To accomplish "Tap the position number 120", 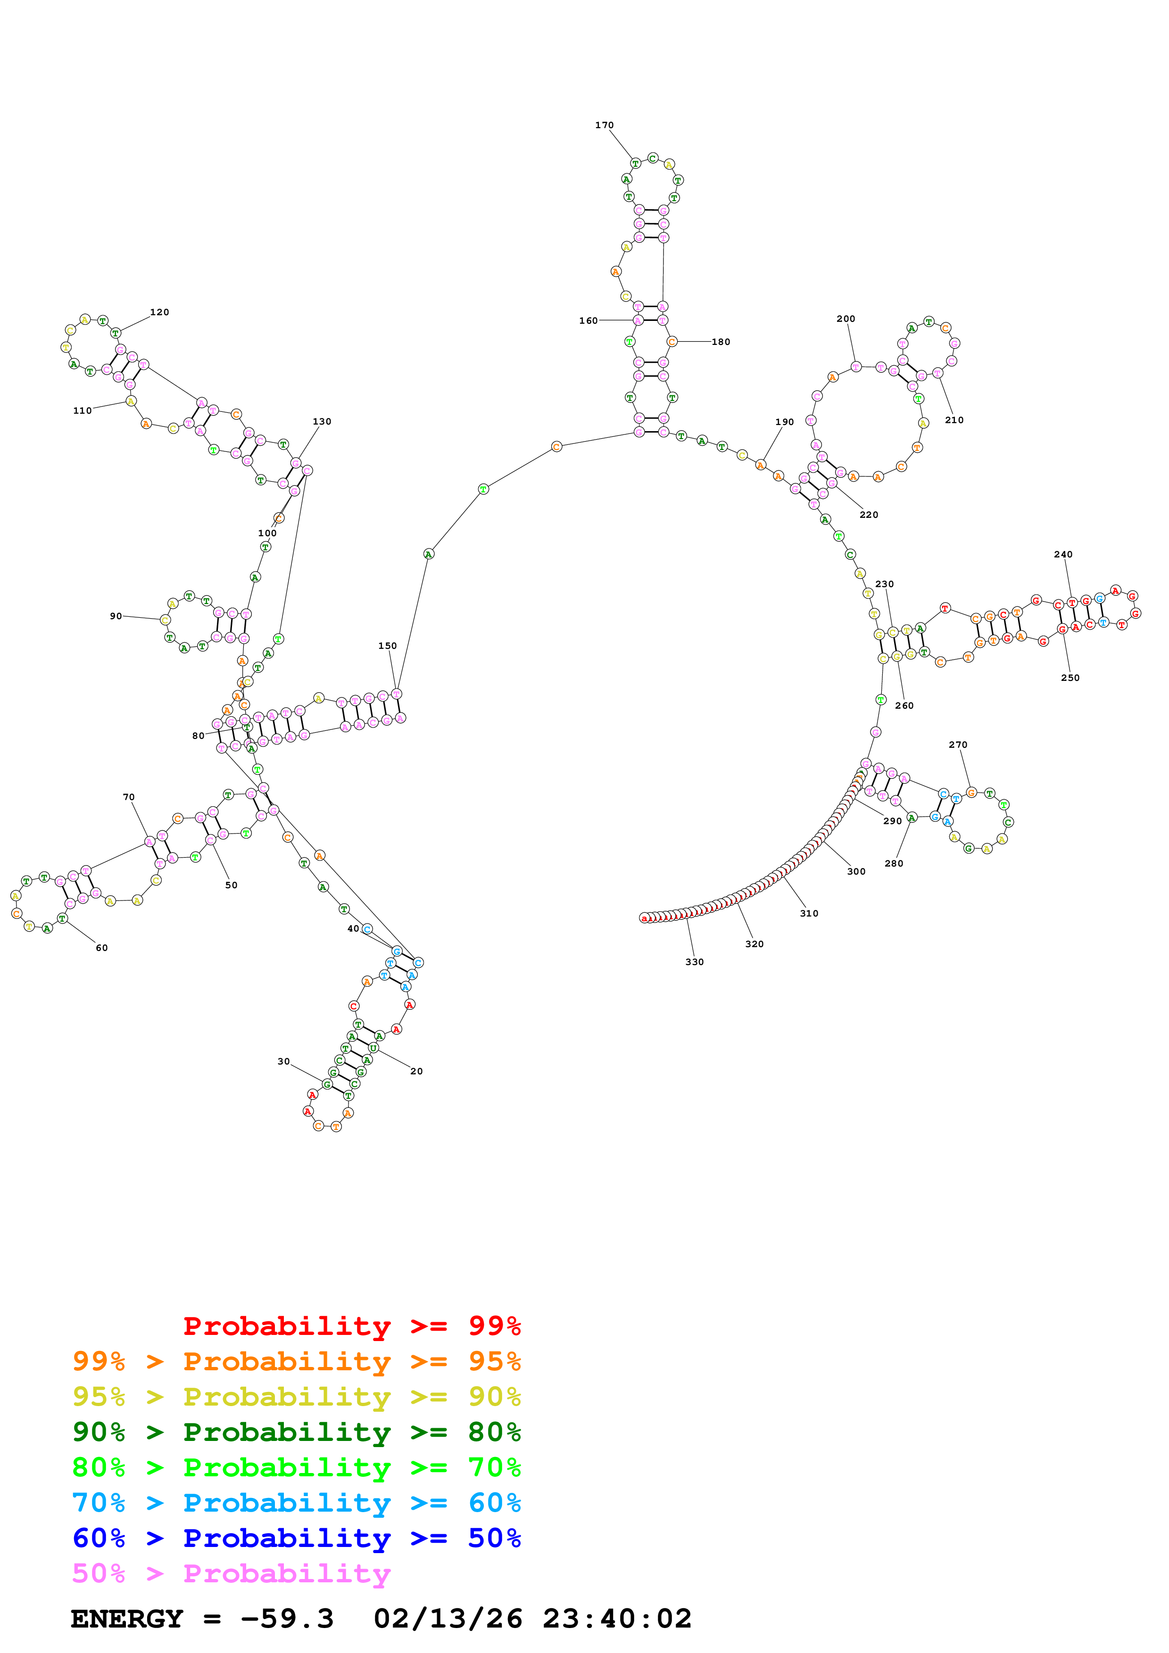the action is pyautogui.click(x=159, y=312).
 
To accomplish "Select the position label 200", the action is pyautogui.click(x=846, y=319).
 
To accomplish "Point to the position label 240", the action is pyautogui.click(x=1062, y=554).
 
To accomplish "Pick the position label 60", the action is pyautogui.click(x=101, y=948).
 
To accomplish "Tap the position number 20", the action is pyautogui.click(x=416, y=1071).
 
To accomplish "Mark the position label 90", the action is pyautogui.click(x=115, y=616).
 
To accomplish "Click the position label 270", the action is pyautogui.click(x=957, y=745).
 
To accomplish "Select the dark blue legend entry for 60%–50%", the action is pyautogui.click(x=296, y=1538).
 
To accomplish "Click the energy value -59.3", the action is pyautogui.click(x=287, y=1619).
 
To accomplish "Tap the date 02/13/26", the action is pyautogui.click(x=448, y=1619).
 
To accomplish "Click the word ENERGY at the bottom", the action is pyautogui.click(x=127, y=1619).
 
